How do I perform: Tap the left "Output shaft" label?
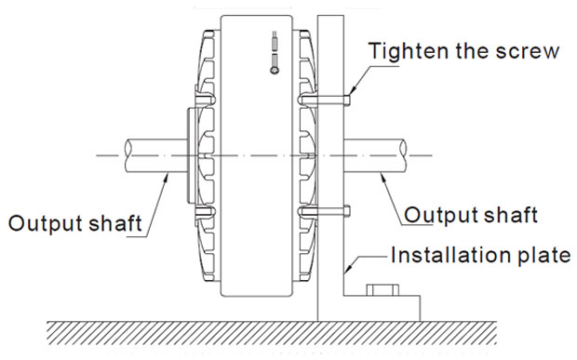click(74, 223)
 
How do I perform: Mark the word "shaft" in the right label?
click(508, 216)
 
